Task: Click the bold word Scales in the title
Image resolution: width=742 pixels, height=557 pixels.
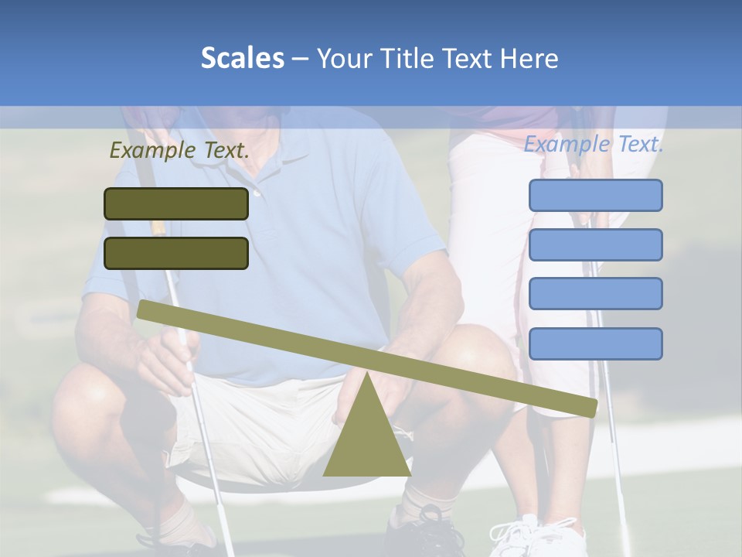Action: point(242,58)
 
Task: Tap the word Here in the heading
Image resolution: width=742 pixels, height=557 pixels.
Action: point(529,59)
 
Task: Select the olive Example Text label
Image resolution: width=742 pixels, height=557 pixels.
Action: point(179,151)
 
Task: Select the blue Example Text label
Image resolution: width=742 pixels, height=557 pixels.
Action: point(594,144)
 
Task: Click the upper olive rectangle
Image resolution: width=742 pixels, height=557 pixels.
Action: point(176,203)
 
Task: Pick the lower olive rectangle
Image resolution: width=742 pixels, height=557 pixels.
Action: point(176,253)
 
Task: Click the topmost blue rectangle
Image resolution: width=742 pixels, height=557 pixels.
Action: point(595,195)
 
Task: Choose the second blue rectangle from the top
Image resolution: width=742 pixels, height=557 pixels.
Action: point(595,244)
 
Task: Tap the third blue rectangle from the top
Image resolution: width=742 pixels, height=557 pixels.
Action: point(595,294)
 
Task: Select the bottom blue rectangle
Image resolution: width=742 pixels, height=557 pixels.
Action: point(595,343)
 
